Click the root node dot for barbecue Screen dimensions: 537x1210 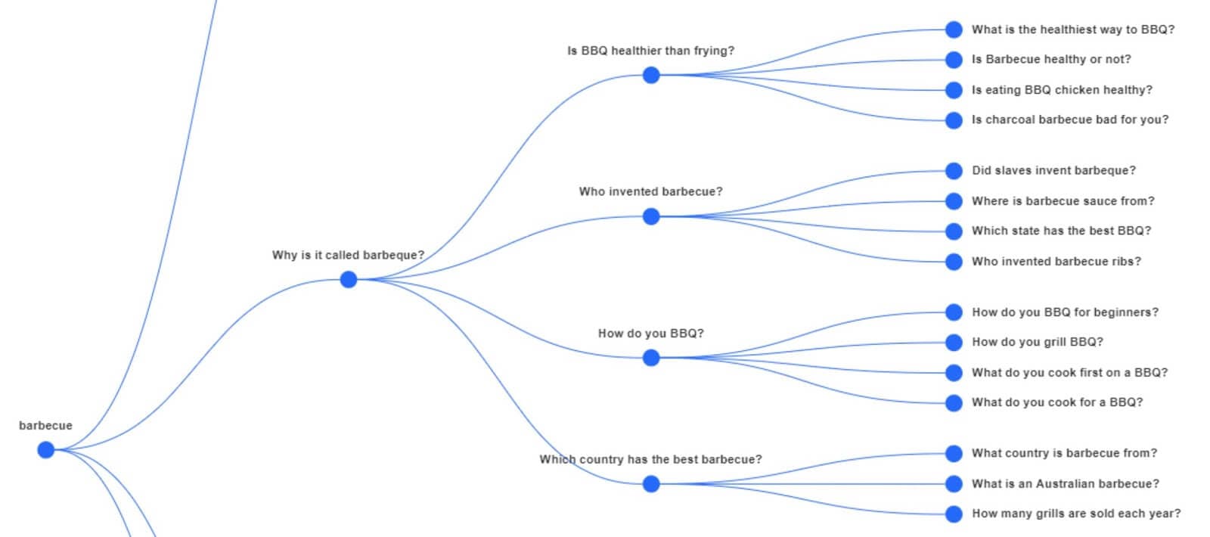click(x=46, y=450)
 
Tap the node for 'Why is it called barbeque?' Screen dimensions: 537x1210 click(x=349, y=280)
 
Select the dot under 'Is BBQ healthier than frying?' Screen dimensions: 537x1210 click(x=651, y=76)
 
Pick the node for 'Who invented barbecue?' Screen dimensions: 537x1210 click(x=651, y=217)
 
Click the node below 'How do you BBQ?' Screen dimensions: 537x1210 click(x=651, y=358)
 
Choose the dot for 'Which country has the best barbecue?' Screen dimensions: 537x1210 click(x=651, y=484)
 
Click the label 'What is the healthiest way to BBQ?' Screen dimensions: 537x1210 click(x=1072, y=29)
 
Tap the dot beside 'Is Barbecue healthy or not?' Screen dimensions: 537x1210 click(x=954, y=60)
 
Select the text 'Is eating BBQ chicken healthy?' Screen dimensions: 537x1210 click(x=1062, y=90)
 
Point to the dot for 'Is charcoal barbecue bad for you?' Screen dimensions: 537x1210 click(x=954, y=120)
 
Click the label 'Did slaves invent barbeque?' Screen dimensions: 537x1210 click(x=1053, y=171)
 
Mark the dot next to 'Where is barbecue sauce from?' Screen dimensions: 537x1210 click(x=954, y=201)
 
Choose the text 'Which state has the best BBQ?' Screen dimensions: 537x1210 click(x=1061, y=231)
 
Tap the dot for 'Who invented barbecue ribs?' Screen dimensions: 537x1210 click(x=954, y=262)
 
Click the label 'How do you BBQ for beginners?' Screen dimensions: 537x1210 click(x=1065, y=312)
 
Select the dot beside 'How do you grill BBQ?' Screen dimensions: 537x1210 click(x=954, y=343)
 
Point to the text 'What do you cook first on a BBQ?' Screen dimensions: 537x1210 click(x=1069, y=373)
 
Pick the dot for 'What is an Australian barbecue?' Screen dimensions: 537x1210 click(x=954, y=484)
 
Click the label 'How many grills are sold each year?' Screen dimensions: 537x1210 click(x=1075, y=514)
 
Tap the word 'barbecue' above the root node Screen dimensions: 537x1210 click(x=45, y=426)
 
